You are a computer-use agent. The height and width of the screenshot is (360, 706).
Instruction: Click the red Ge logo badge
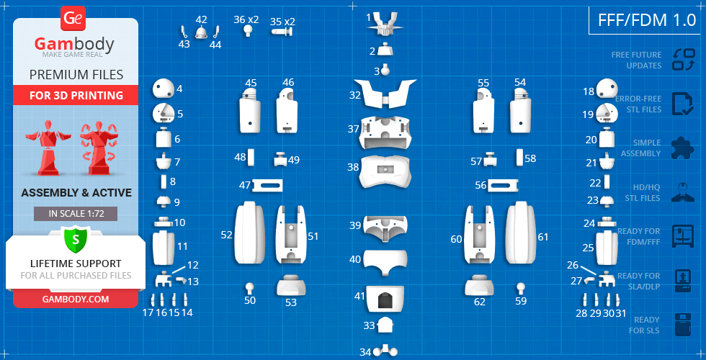coord(73,19)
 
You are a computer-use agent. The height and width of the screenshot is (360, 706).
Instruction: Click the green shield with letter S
coord(76,239)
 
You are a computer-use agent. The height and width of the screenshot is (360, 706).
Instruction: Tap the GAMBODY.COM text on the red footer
coord(76,299)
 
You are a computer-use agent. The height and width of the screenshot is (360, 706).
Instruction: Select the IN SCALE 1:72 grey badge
coord(76,214)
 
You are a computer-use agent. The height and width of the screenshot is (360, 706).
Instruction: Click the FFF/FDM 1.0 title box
coord(647,20)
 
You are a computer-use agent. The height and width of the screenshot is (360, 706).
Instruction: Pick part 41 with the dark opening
coord(384,299)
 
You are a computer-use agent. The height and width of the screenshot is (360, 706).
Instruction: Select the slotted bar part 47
coord(268,186)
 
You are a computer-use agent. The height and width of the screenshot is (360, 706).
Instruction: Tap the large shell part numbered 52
coord(250,233)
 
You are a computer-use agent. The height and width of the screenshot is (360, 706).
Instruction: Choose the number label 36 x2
coord(246,20)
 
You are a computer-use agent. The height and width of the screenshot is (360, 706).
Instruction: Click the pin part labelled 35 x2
coord(282,32)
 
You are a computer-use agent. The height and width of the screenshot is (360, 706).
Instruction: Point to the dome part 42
coord(201,32)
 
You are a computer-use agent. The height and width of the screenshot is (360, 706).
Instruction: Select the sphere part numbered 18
coord(607,87)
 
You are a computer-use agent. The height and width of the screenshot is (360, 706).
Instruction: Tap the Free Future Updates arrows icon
coord(684,60)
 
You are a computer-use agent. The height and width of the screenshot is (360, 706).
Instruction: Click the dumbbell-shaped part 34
coord(385,351)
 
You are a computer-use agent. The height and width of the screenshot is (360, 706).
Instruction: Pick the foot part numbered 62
coord(480,285)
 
